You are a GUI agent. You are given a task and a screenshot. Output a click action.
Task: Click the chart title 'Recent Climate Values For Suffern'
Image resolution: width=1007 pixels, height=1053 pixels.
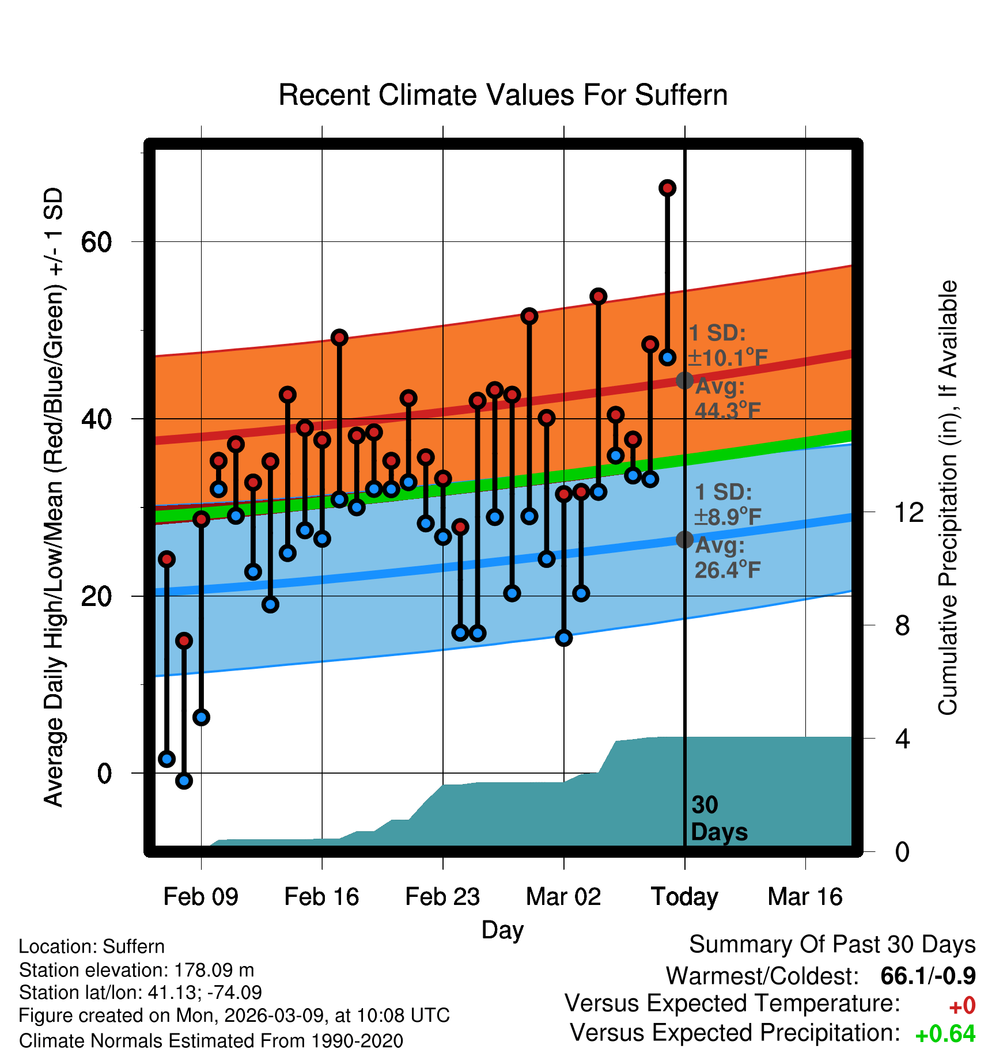503,95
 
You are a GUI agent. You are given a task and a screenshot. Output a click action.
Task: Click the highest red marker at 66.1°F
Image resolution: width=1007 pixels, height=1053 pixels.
667,188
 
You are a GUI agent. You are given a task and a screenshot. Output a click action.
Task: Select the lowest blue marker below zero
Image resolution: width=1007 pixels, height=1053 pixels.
184,781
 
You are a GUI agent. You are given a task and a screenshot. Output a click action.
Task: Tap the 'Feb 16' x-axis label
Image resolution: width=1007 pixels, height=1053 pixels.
321,897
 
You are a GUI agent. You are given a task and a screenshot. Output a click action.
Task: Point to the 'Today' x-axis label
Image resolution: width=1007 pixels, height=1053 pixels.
684,897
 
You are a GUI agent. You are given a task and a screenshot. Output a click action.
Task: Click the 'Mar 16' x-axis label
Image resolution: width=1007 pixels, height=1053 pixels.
805,897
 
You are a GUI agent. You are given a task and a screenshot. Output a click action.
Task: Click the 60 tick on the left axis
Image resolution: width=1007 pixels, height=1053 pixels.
96,242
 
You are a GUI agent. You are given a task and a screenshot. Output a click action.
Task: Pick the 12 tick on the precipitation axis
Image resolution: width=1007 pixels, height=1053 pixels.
909,512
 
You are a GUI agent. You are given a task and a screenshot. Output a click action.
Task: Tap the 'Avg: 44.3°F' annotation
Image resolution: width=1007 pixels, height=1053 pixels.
728,399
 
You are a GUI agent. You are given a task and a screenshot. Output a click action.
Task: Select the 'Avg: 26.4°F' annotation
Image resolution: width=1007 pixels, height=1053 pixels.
728,558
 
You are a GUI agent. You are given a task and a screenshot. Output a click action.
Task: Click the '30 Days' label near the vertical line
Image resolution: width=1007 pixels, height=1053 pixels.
718,819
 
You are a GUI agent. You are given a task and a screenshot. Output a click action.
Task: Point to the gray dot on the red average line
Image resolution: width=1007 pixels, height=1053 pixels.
684,380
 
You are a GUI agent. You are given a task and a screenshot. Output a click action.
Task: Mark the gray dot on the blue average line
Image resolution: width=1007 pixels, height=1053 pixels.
684,540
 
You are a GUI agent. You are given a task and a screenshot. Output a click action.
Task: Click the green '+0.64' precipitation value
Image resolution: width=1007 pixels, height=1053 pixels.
945,1035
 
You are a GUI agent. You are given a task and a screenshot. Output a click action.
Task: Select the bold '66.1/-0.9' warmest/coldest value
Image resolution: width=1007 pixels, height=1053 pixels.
928,976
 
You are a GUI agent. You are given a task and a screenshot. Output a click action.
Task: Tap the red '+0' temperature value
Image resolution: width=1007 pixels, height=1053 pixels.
962,1006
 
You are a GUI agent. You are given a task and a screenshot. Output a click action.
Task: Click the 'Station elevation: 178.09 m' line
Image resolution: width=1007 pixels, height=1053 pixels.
137,970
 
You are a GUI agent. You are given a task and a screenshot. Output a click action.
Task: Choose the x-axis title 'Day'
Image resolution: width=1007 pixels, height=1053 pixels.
502,930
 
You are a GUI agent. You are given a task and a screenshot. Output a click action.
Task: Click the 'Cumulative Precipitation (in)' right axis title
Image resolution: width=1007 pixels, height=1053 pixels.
948,498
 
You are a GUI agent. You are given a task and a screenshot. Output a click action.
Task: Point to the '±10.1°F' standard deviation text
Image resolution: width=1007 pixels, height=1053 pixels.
728,358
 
